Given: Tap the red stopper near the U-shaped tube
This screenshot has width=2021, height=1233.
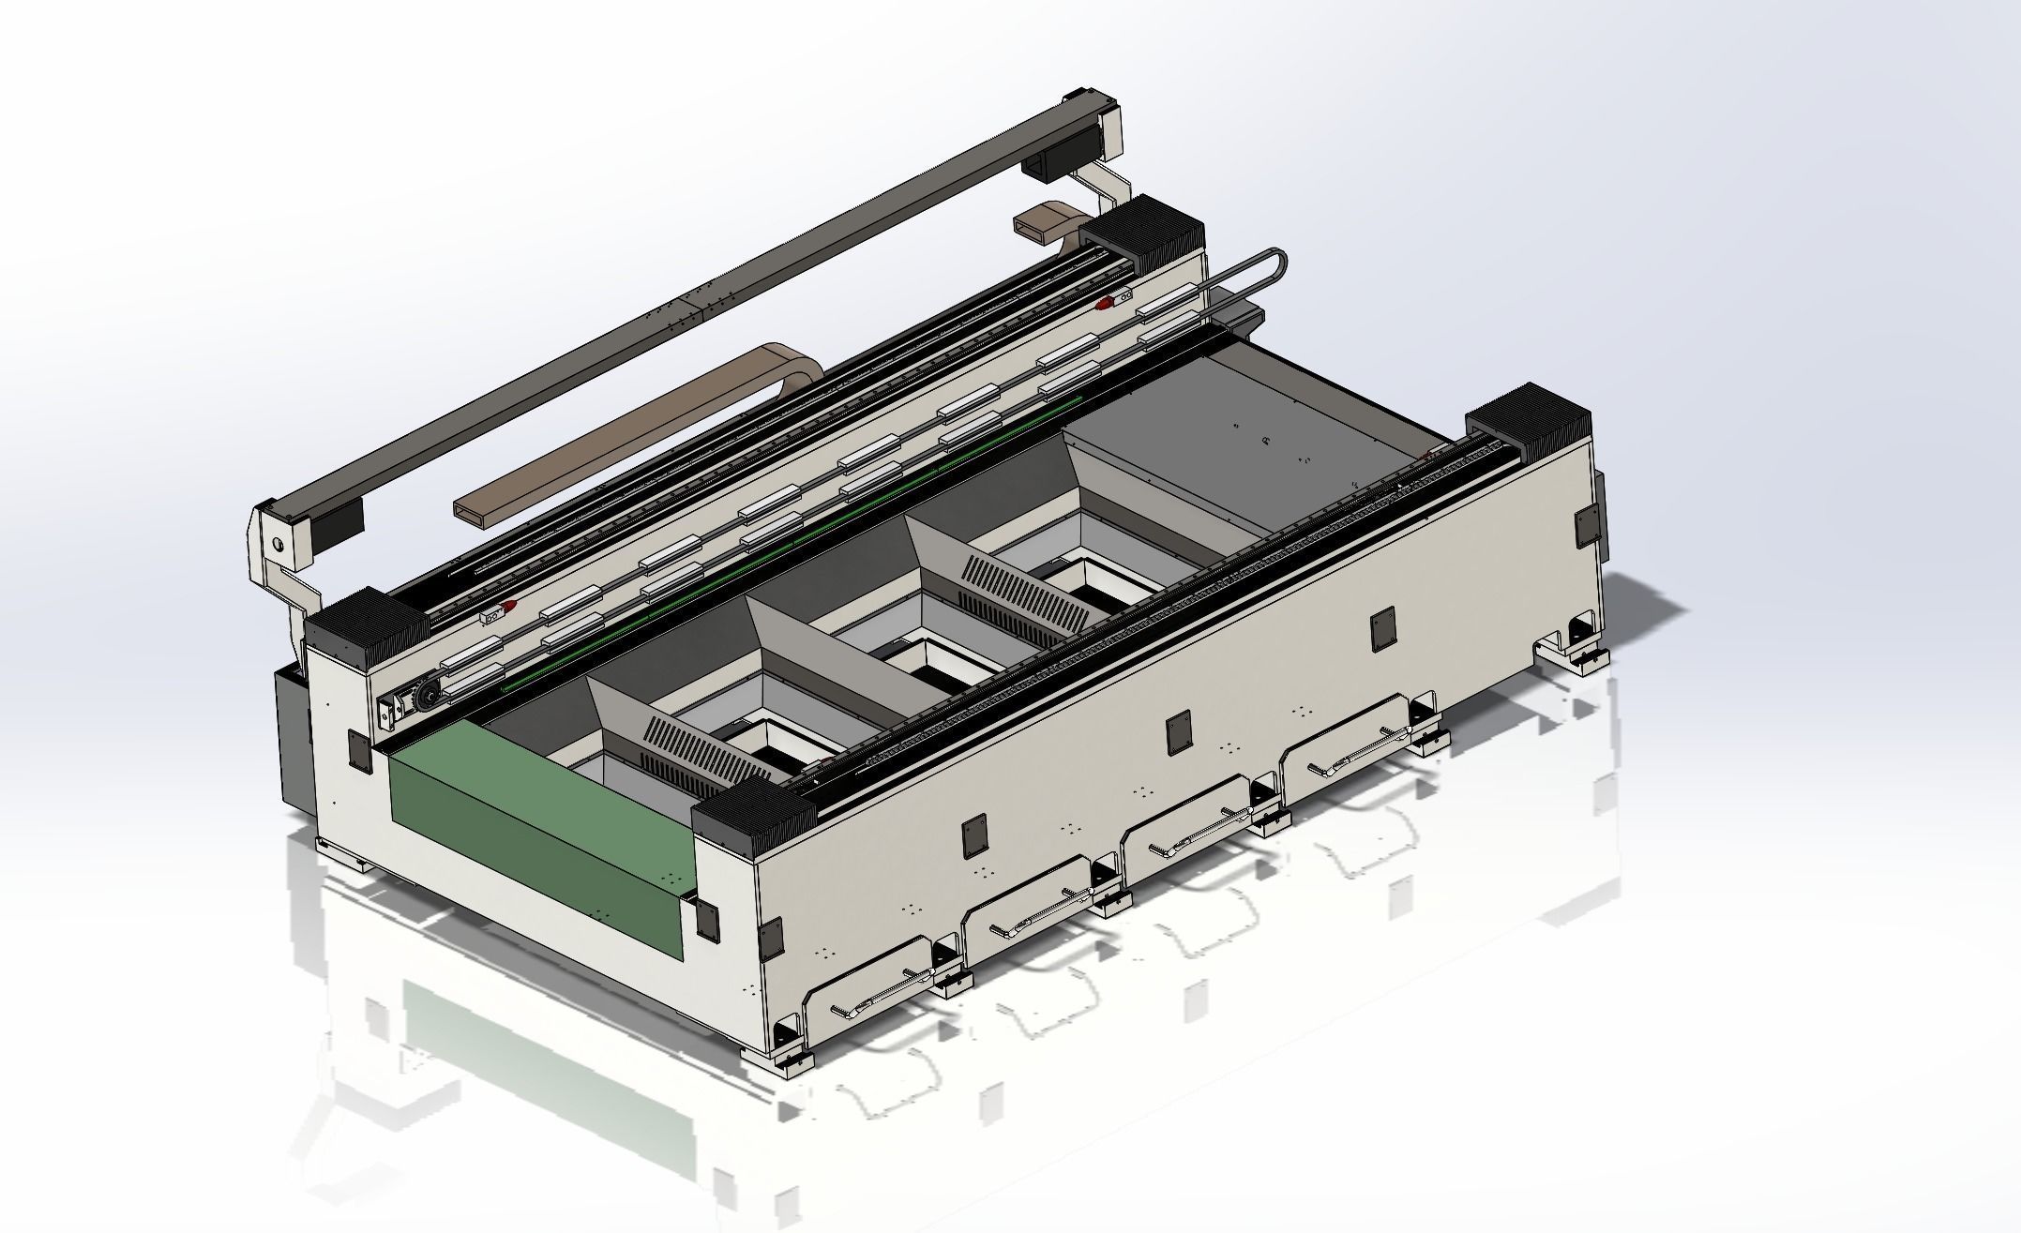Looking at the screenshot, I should tap(1107, 303).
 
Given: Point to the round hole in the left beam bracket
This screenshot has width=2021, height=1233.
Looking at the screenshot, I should tap(277, 542).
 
